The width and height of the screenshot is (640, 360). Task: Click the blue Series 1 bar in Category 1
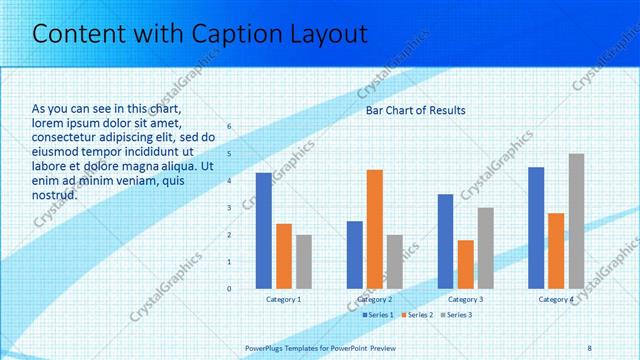(x=263, y=231)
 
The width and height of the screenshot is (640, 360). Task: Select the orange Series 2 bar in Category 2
(x=374, y=229)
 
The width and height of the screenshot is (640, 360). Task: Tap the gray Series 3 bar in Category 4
(x=576, y=221)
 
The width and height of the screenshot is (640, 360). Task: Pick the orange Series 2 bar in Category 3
(x=465, y=264)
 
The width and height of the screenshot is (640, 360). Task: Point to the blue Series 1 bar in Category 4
(x=536, y=228)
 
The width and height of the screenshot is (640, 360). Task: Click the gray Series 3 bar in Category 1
(x=303, y=262)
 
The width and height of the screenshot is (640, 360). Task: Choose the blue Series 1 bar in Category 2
(x=354, y=255)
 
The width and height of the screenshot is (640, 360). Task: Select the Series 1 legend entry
(x=377, y=315)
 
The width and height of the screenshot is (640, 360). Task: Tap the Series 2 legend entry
(x=416, y=315)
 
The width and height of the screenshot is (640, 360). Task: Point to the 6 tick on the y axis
(x=229, y=127)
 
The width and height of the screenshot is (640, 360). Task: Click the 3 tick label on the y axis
(x=229, y=208)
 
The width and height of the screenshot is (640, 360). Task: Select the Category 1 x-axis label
(x=283, y=300)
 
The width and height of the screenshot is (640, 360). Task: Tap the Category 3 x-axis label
(x=465, y=300)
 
